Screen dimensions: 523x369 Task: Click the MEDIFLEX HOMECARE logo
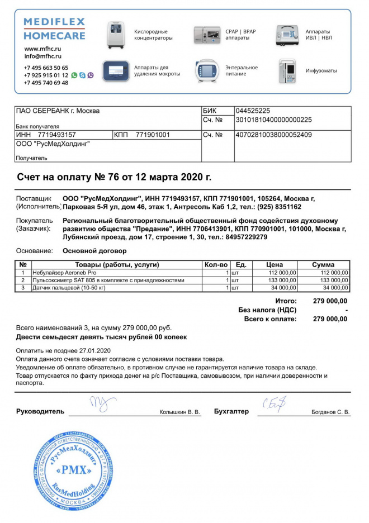pos(54,29)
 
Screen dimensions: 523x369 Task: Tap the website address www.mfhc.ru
pos(42,49)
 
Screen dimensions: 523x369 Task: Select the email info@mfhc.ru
pos(43,56)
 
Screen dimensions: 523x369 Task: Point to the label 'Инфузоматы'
pos(321,71)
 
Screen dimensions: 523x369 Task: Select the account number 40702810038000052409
pos(274,135)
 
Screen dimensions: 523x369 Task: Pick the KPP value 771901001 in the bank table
pos(153,135)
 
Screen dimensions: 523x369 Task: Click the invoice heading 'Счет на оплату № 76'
pos(114,177)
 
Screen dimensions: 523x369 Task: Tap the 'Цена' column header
pos(274,264)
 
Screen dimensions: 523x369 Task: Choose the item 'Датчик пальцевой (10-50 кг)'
pos(69,287)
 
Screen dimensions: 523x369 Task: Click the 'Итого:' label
pos(286,301)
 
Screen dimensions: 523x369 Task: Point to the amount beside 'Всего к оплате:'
pos(330,319)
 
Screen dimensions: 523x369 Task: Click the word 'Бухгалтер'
pos(231,412)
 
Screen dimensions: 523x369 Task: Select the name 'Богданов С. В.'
pos(330,412)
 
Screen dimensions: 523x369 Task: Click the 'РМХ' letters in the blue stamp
pos(73,470)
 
